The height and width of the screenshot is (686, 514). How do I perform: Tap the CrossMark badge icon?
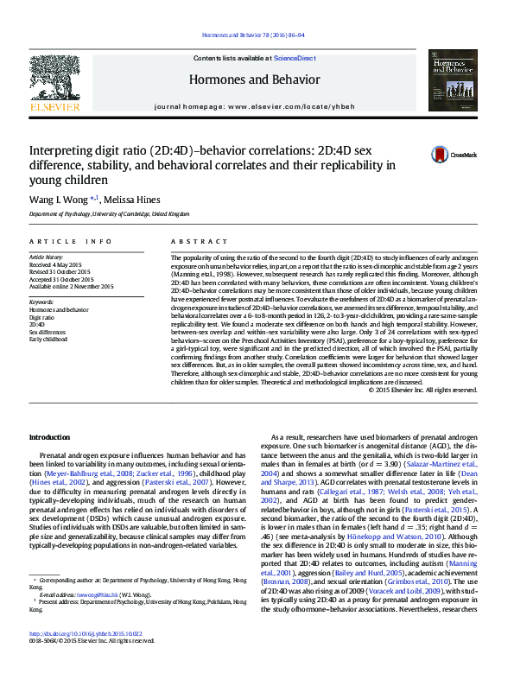pos(441,155)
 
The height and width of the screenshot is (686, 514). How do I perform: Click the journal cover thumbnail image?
pos(451,79)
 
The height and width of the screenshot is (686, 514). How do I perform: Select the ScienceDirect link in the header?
pos(295,57)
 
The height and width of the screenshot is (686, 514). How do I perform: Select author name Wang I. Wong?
pos(54,200)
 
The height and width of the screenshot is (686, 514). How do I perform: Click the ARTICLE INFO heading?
pos(71,241)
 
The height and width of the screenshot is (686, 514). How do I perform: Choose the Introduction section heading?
pos(50,437)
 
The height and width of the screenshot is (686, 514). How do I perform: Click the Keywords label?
pos(41,301)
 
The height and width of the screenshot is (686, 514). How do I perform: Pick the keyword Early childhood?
pos(50,340)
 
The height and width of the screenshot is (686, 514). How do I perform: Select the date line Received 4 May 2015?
pos(57,264)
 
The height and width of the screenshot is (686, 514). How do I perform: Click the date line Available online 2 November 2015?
pos(71,286)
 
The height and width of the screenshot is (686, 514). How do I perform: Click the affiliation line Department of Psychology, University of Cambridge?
pos(109,213)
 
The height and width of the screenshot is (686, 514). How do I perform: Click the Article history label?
pos(47,257)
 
